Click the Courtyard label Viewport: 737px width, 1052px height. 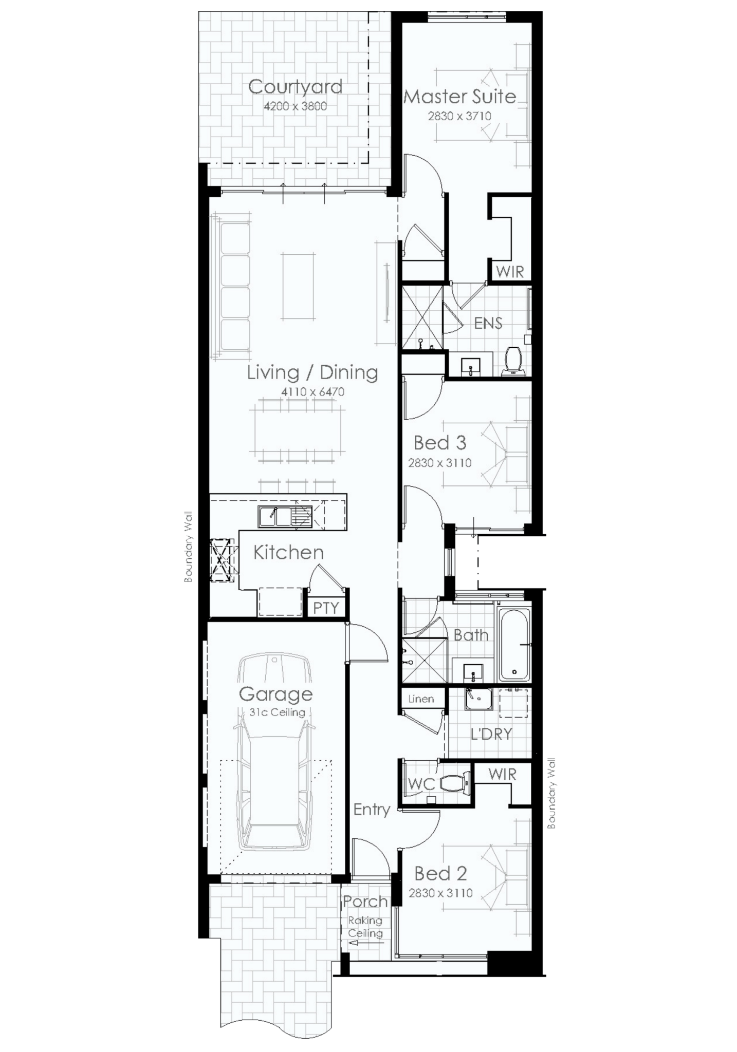click(295, 87)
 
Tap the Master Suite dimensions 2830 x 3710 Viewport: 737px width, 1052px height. click(459, 116)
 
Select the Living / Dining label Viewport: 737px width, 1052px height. click(312, 372)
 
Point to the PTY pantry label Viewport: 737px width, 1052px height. click(326, 608)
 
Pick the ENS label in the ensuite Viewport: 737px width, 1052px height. click(488, 323)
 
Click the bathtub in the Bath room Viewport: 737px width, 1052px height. click(514, 644)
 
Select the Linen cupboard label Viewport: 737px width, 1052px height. click(421, 699)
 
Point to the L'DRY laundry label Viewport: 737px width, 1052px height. click(491, 734)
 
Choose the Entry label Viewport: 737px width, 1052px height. click(372, 810)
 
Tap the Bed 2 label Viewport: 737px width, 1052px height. click(440, 873)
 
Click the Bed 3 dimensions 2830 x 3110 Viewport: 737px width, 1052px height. click(439, 463)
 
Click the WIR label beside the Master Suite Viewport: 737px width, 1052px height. click(510, 272)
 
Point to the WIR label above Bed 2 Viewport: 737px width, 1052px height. click(502, 774)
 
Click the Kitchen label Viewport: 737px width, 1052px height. click(288, 553)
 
